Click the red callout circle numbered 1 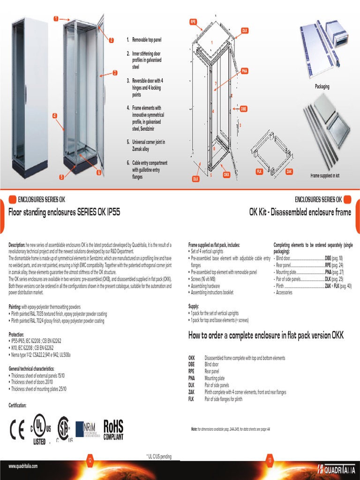pyautogui.click(x=55, y=19)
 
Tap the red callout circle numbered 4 pyautogui.click(x=55, y=115)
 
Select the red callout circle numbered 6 pyautogui.click(x=99, y=172)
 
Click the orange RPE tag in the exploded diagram pyautogui.click(x=193, y=22)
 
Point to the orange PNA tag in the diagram pyautogui.click(x=244, y=71)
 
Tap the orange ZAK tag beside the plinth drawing pyautogui.click(x=289, y=172)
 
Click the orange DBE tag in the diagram pyautogui.click(x=243, y=109)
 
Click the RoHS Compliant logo pyautogui.click(x=113, y=429)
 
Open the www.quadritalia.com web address pyautogui.click(x=23, y=466)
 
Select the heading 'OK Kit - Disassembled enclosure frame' pyautogui.click(x=300, y=212)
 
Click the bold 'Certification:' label pyautogui.click(x=18, y=405)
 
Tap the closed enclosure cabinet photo pyautogui.click(x=30, y=94)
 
